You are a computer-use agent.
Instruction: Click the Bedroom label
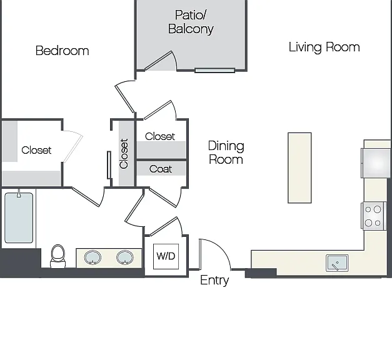point(63,51)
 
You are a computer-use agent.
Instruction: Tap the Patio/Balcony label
point(191,22)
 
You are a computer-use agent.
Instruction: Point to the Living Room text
point(324,47)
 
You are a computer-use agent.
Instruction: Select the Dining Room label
point(226,152)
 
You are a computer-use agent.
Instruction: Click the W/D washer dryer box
point(166,256)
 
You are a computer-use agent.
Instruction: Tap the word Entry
point(214,280)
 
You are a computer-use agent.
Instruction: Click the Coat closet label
point(161,169)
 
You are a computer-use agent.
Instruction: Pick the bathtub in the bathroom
point(19,217)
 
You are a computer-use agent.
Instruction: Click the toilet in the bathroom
point(58,256)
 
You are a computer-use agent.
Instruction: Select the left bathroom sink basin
point(93,257)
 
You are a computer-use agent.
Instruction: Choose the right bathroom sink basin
point(125,257)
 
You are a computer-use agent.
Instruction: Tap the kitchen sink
point(337,263)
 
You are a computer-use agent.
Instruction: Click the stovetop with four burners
point(373,216)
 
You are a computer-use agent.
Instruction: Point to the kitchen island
point(299,167)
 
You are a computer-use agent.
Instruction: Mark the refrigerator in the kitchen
point(376,163)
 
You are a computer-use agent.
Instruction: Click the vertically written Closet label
point(124,154)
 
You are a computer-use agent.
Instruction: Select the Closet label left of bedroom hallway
point(36,150)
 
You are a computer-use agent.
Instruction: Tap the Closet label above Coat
point(160,136)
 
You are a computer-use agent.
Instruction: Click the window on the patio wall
point(214,70)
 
